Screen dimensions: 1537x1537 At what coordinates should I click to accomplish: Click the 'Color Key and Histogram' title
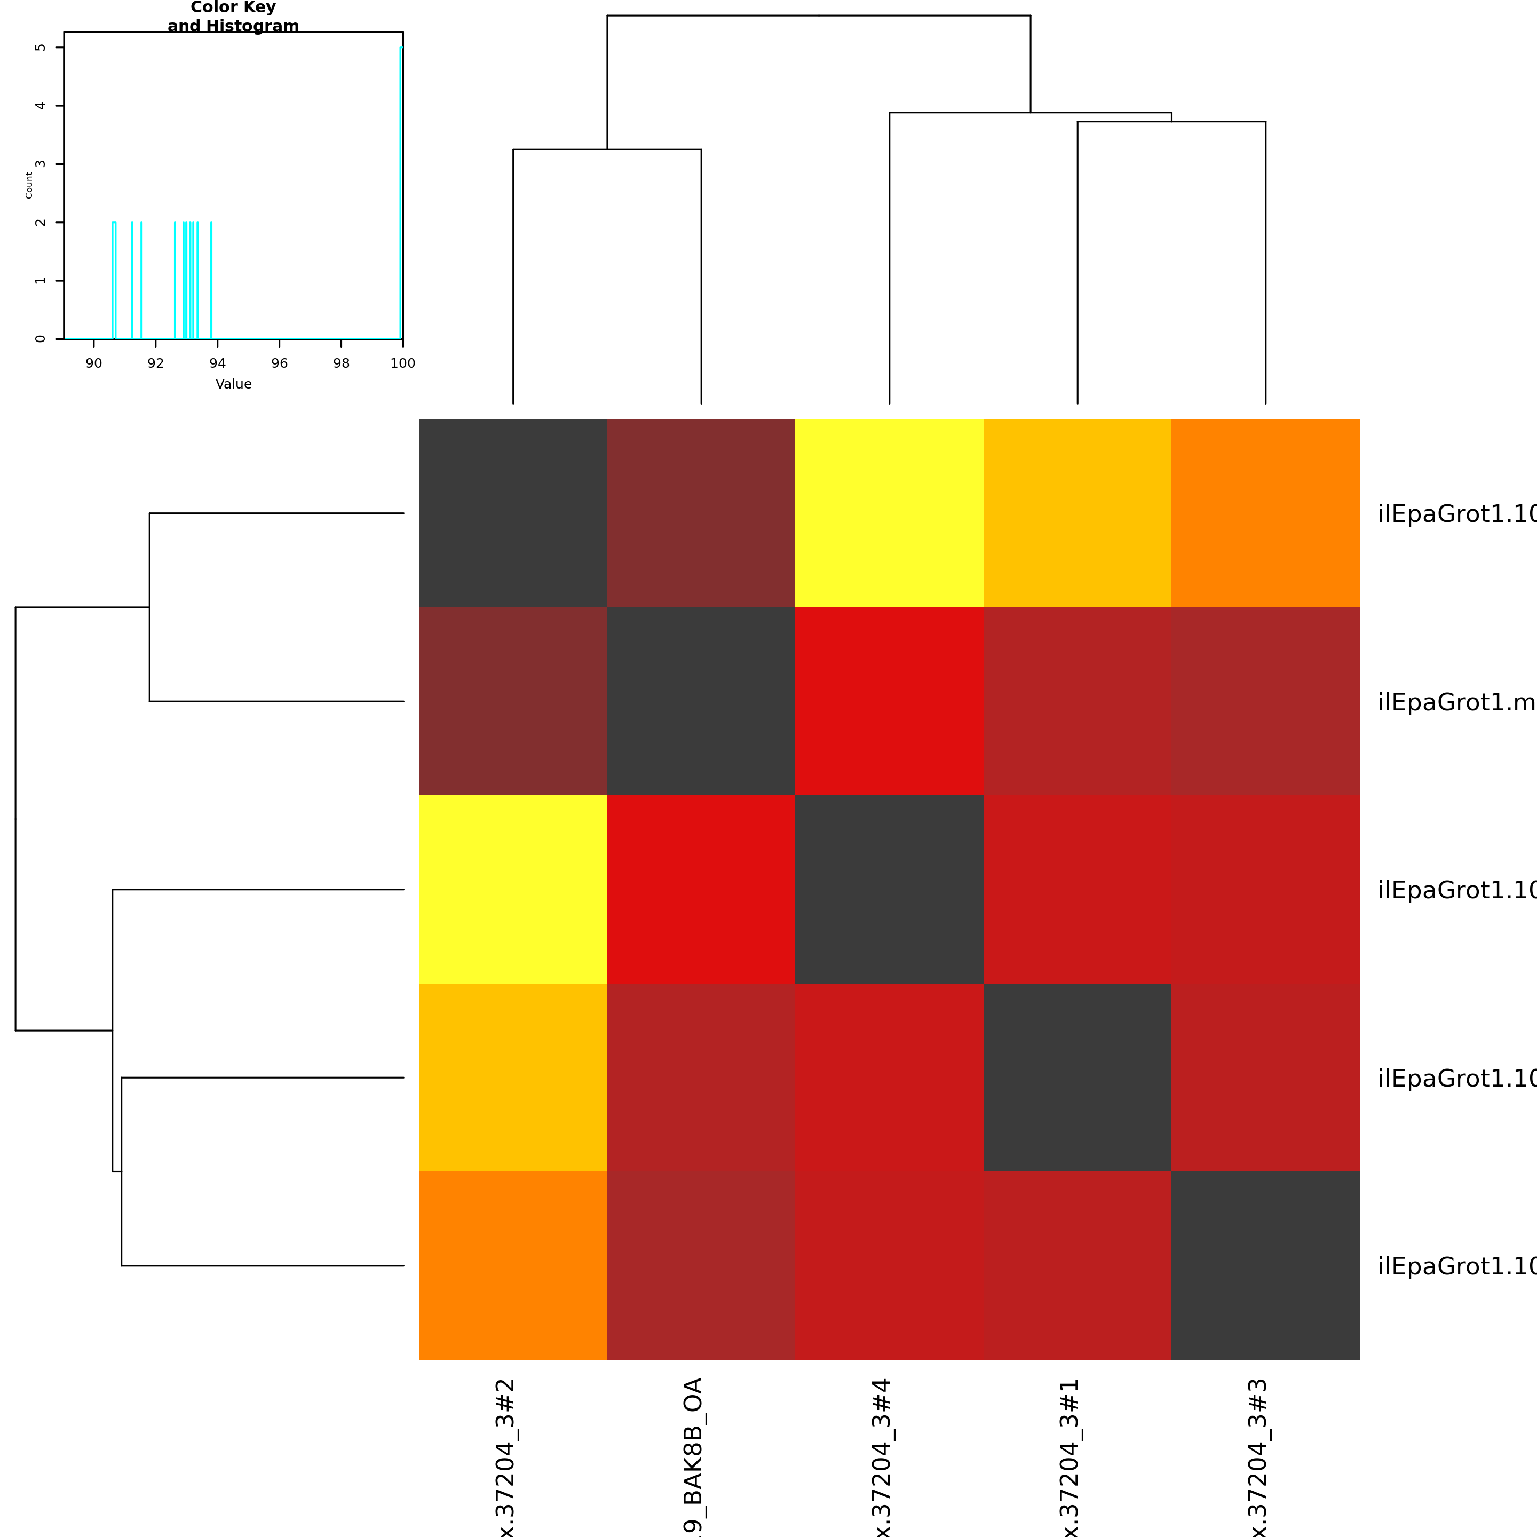click(233, 17)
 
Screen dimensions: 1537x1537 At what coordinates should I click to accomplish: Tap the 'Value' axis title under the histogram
click(233, 384)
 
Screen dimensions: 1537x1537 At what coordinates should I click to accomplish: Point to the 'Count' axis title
click(29, 185)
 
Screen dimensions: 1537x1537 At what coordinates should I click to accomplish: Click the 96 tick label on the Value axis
click(279, 363)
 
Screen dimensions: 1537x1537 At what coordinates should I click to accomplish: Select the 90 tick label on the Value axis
click(94, 363)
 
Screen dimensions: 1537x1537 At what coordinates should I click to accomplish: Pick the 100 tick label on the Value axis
click(402, 363)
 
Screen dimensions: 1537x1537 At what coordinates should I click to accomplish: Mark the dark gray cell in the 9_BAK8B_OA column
click(701, 701)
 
